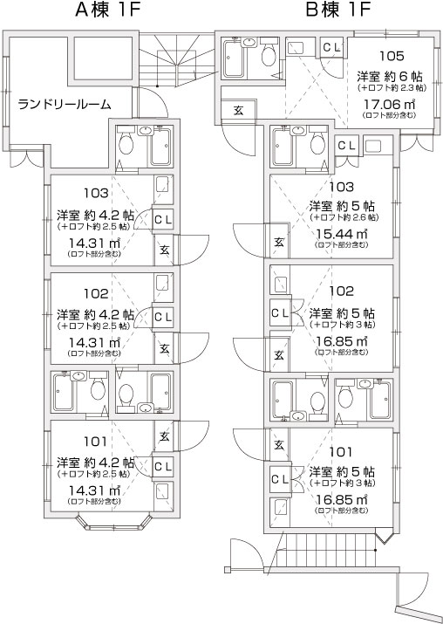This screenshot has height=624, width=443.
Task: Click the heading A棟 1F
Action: (108, 10)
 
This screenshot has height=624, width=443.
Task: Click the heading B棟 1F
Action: (337, 10)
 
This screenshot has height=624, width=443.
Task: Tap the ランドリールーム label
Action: (65, 104)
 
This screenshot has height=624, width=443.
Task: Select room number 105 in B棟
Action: (392, 56)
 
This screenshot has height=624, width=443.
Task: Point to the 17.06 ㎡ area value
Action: (389, 105)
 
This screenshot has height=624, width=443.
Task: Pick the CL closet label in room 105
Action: (331, 48)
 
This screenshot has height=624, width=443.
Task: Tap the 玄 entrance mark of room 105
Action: (238, 111)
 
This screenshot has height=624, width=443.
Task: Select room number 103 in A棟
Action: (96, 194)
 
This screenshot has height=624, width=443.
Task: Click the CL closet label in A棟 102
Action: (163, 317)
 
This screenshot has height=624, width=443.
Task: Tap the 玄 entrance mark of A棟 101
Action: (165, 436)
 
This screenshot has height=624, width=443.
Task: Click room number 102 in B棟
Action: (342, 291)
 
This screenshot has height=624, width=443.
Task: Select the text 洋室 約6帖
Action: (389, 76)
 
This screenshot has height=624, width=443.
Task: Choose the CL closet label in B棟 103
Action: (347, 146)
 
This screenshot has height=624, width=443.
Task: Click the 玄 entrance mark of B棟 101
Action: (279, 445)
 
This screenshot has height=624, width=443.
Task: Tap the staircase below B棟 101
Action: (328, 552)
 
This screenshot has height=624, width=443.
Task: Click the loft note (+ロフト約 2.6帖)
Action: (344, 217)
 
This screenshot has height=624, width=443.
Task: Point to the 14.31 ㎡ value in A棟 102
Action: (95, 342)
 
